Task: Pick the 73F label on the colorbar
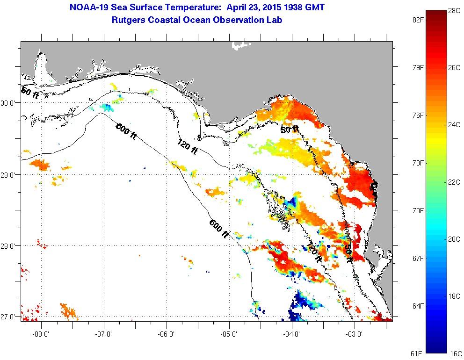pos(413,163)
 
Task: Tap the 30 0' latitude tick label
pos(10,103)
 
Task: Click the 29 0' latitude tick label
pos(10,175)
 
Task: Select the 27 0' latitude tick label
pos(10,317)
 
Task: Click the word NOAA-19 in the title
pos(86,8)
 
